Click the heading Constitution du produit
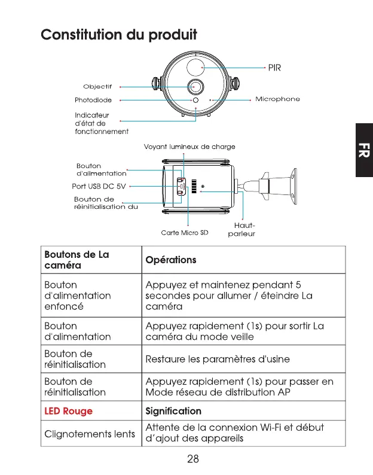coord(118,34)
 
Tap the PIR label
coord(274,68)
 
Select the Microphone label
coord(277,99)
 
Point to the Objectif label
coord(97,87)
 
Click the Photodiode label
coord(93,100)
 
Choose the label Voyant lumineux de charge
coord(189,147)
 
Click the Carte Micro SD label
coord(184,233)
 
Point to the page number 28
coord(192,459)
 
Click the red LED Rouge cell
coord(69,411)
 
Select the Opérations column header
coord(171,260)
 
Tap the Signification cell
coord(173,411)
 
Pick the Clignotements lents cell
coord(90,433)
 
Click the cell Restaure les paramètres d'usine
coord(218,359)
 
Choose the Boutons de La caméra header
coord(77,260)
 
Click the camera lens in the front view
coord(195,86)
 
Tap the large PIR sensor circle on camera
coord(195,65)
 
